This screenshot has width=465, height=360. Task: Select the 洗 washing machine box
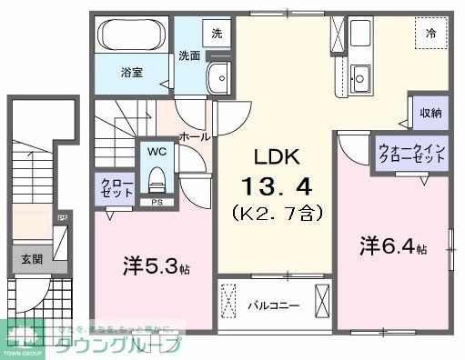pos(216,33)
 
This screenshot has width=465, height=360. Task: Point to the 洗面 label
pos(189,55)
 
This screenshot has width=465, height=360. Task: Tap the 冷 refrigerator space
pos(430,34)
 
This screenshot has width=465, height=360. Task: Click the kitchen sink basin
pos(359,76)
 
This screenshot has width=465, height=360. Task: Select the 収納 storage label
pos(430,114)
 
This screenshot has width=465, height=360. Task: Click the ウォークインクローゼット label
pos(411,152)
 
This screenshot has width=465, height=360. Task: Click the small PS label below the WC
pos(157,202)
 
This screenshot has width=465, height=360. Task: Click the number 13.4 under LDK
pos(277,187)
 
